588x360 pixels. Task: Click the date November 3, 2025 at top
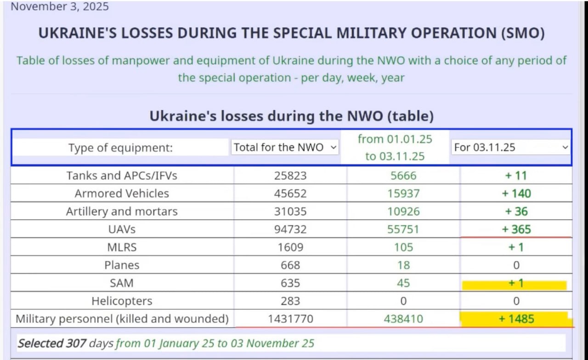click(x=60, y=7)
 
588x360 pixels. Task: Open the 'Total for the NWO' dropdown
click(x=285, y=147)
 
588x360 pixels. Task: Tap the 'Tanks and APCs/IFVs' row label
click(x=121, y=175)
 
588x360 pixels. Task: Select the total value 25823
click(x=290, y=175)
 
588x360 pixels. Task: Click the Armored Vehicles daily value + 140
click(x=516, y=193)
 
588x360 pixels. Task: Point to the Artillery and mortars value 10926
click(x=403, y=211)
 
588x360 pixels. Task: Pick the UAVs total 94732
click(x=290, y=229)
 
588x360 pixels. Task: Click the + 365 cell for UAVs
click(x=516, y=229)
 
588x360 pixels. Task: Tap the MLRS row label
click(x=121, y=247)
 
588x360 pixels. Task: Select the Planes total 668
click(x=290, y=265)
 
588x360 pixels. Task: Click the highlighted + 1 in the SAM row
click(x=516, y=283)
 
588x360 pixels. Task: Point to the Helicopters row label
click(x=121, y=301)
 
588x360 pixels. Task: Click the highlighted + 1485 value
click(x=516, y=319)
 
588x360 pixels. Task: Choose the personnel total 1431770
click(x=290, y=319)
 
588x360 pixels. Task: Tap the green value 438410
click(x=403, y=319)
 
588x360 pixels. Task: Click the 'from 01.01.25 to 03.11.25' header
click(x=395, y=147)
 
